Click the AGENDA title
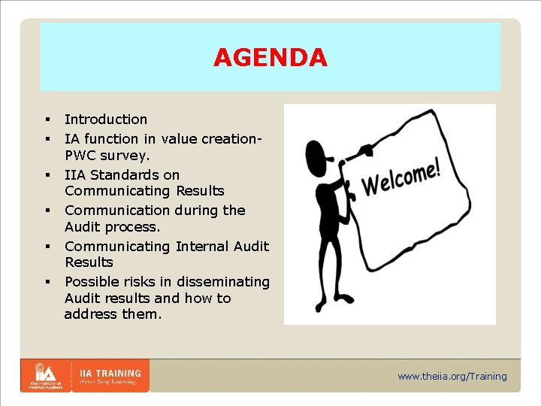(270, 58)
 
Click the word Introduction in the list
(106, 119)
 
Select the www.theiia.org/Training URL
(452, 376)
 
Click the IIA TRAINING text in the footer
(110, 372)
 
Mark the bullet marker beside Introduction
(47, 120)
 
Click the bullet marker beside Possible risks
(47, 282)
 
